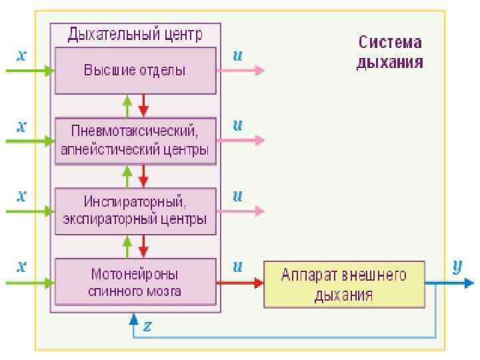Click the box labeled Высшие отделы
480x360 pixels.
coord(135,70)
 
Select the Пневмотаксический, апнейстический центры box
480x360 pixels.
coord(135,141)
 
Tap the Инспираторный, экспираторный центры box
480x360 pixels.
coord(135,211)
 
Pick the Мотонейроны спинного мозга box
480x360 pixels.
coord(135,283)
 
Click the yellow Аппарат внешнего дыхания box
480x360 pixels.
coord(344,284)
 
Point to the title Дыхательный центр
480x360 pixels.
coord(136,32)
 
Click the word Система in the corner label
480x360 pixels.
coord(391,43)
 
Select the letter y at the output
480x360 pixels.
coord(457,267)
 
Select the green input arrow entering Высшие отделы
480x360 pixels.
coord(29,70)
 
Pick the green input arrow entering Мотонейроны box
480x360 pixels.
coord(29,283)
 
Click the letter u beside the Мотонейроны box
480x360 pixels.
coord(237,267)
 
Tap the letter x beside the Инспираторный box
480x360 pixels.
coord(21,196)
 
